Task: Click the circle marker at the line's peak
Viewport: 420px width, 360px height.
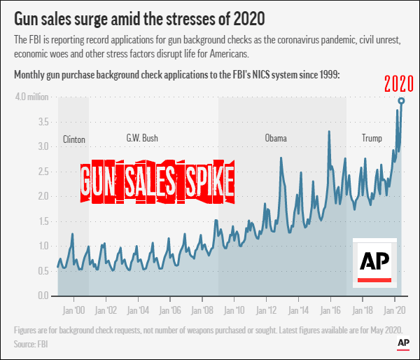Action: (x=401, y=101)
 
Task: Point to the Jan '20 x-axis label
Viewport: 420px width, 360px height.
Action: (x=393, y=310)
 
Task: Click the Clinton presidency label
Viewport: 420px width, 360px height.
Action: (x=73, y=139)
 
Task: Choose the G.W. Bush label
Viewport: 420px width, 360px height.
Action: (x=142, y=138)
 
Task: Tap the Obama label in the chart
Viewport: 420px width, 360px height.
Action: (x=276, y=138)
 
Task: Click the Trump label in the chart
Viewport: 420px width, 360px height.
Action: (x=372, y=138)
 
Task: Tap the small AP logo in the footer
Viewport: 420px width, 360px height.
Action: (x=403, y=342)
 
